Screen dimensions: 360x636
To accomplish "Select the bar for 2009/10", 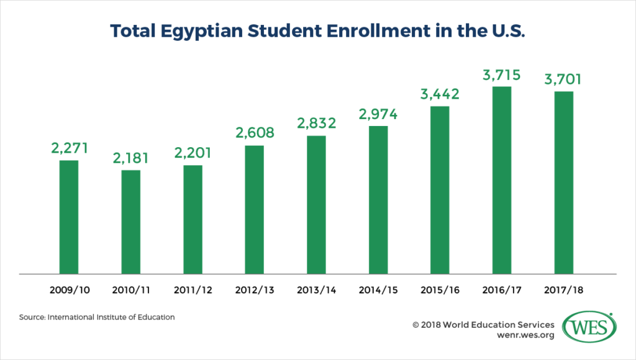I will (x=68, y=217).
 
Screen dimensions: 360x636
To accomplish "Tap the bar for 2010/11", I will (x=130, y=222).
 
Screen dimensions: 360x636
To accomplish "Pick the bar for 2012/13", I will (x=254, y=209).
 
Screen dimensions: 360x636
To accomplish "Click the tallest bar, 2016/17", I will (x=502, y=179).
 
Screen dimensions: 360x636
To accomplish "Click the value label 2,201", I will (x=193, y=153).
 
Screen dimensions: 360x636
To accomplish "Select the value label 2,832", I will (x=316, y=123).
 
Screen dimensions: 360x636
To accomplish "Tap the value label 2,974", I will (x=378, y=114).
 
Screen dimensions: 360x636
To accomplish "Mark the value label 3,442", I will (x=440, y=94).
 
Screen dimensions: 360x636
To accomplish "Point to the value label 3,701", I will (x=563, y=79).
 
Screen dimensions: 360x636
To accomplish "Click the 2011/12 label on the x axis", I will (x=193, y=290).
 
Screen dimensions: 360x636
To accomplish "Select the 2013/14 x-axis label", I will (x=316, y=290).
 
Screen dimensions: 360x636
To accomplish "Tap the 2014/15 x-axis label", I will (x=378, y=290).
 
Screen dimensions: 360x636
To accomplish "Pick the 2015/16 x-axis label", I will (x=440, y=290).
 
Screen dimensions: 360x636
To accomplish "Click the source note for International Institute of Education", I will (x=96, y=317).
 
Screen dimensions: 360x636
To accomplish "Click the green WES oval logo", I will (x=589, y=326).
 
